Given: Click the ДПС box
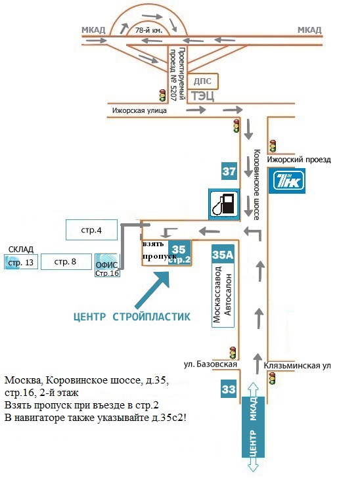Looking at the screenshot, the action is [x=202, y=81].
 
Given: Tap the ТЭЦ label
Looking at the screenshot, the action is [x=202, y=96].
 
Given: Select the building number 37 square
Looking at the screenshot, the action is [x=229, y=171].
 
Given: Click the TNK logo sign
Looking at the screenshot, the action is [x=287, y=181].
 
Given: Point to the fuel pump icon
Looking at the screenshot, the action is [x=224, y=204].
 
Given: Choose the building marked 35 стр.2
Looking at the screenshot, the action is [x=179, y=253].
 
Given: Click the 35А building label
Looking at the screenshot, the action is [x=223, y=254].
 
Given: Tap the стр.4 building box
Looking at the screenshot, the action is [x=91, y=230].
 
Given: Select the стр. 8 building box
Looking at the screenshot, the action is [x=66, y=262].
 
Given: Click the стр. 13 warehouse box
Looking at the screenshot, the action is [x=21, y=262].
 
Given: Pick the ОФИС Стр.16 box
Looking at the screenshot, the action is [x=107, y=265].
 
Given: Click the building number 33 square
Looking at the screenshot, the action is [x=229, y=389].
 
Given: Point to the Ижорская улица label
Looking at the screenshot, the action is [x=139, y=111].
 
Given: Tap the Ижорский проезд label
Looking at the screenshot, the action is [x=299, y=160].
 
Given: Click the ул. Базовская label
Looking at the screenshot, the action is [x=210, y=364].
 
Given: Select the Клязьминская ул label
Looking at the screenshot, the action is [x=298, y=366].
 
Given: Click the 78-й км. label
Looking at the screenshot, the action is [x=149, y=30].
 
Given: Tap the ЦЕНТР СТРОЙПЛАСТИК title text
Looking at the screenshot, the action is [x=132, y=317].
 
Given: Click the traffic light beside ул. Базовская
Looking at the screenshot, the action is [x=233, y=353].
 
